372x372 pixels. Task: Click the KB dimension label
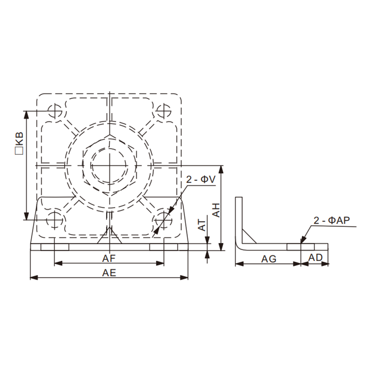point(19,140)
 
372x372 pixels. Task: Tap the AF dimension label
point(109,258)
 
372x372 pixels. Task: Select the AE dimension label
point(109,273)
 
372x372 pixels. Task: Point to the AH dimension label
point(216,210)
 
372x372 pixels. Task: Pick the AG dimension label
point(269,259)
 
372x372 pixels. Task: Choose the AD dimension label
point(315,258)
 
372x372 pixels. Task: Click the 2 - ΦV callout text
point(201,179)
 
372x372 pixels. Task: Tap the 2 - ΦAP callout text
point(332,220)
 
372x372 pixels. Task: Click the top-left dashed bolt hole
point(55,111)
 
